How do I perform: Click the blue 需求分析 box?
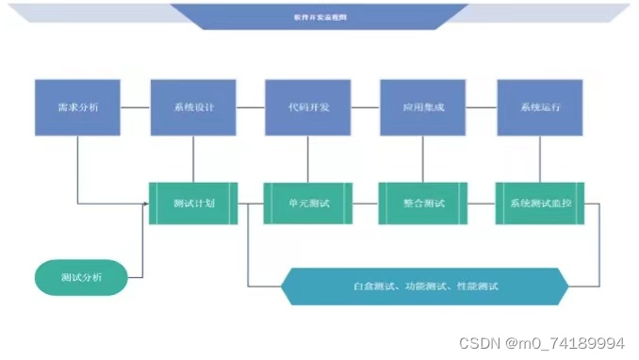[x=78, y=107]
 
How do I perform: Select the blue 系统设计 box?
[x=193, y=107]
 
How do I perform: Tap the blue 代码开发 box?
[x=308, y=107]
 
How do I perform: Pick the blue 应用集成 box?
[x=423, y=107]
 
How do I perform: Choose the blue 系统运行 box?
[x=539, y=107]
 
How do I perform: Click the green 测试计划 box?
[x=193, y=204]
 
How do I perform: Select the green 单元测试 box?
[x=308, y=204]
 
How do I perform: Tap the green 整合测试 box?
[x=423, y=204]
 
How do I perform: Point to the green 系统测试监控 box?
[x=540, y=204]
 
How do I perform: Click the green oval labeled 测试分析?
[x=80, y=277]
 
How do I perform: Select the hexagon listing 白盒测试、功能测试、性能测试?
[x=425, y=286]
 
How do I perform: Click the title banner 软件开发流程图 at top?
[x=319, y=16]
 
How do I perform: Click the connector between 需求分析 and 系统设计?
[x=136, y=107]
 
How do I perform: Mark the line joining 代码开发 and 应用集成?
[x=366, y=107]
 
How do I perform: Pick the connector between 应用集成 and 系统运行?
[x=482, y=107]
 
